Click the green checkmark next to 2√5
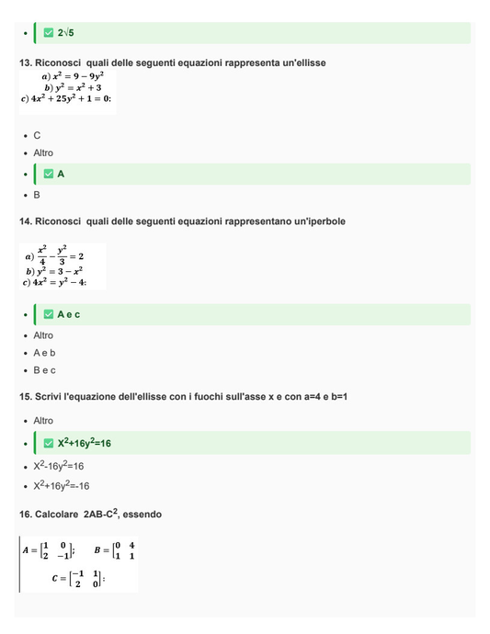pos(49,33)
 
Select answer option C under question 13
pos(37,135)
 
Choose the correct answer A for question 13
pos(61,174)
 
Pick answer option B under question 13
pos(37,195)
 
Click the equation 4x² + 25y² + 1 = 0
pos(66,98)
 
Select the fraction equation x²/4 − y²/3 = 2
pos(59,255)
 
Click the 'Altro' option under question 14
pos(43,335)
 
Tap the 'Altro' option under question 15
pos(43,421)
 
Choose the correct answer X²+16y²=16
pos(84,443)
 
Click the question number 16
pos(26,515)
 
